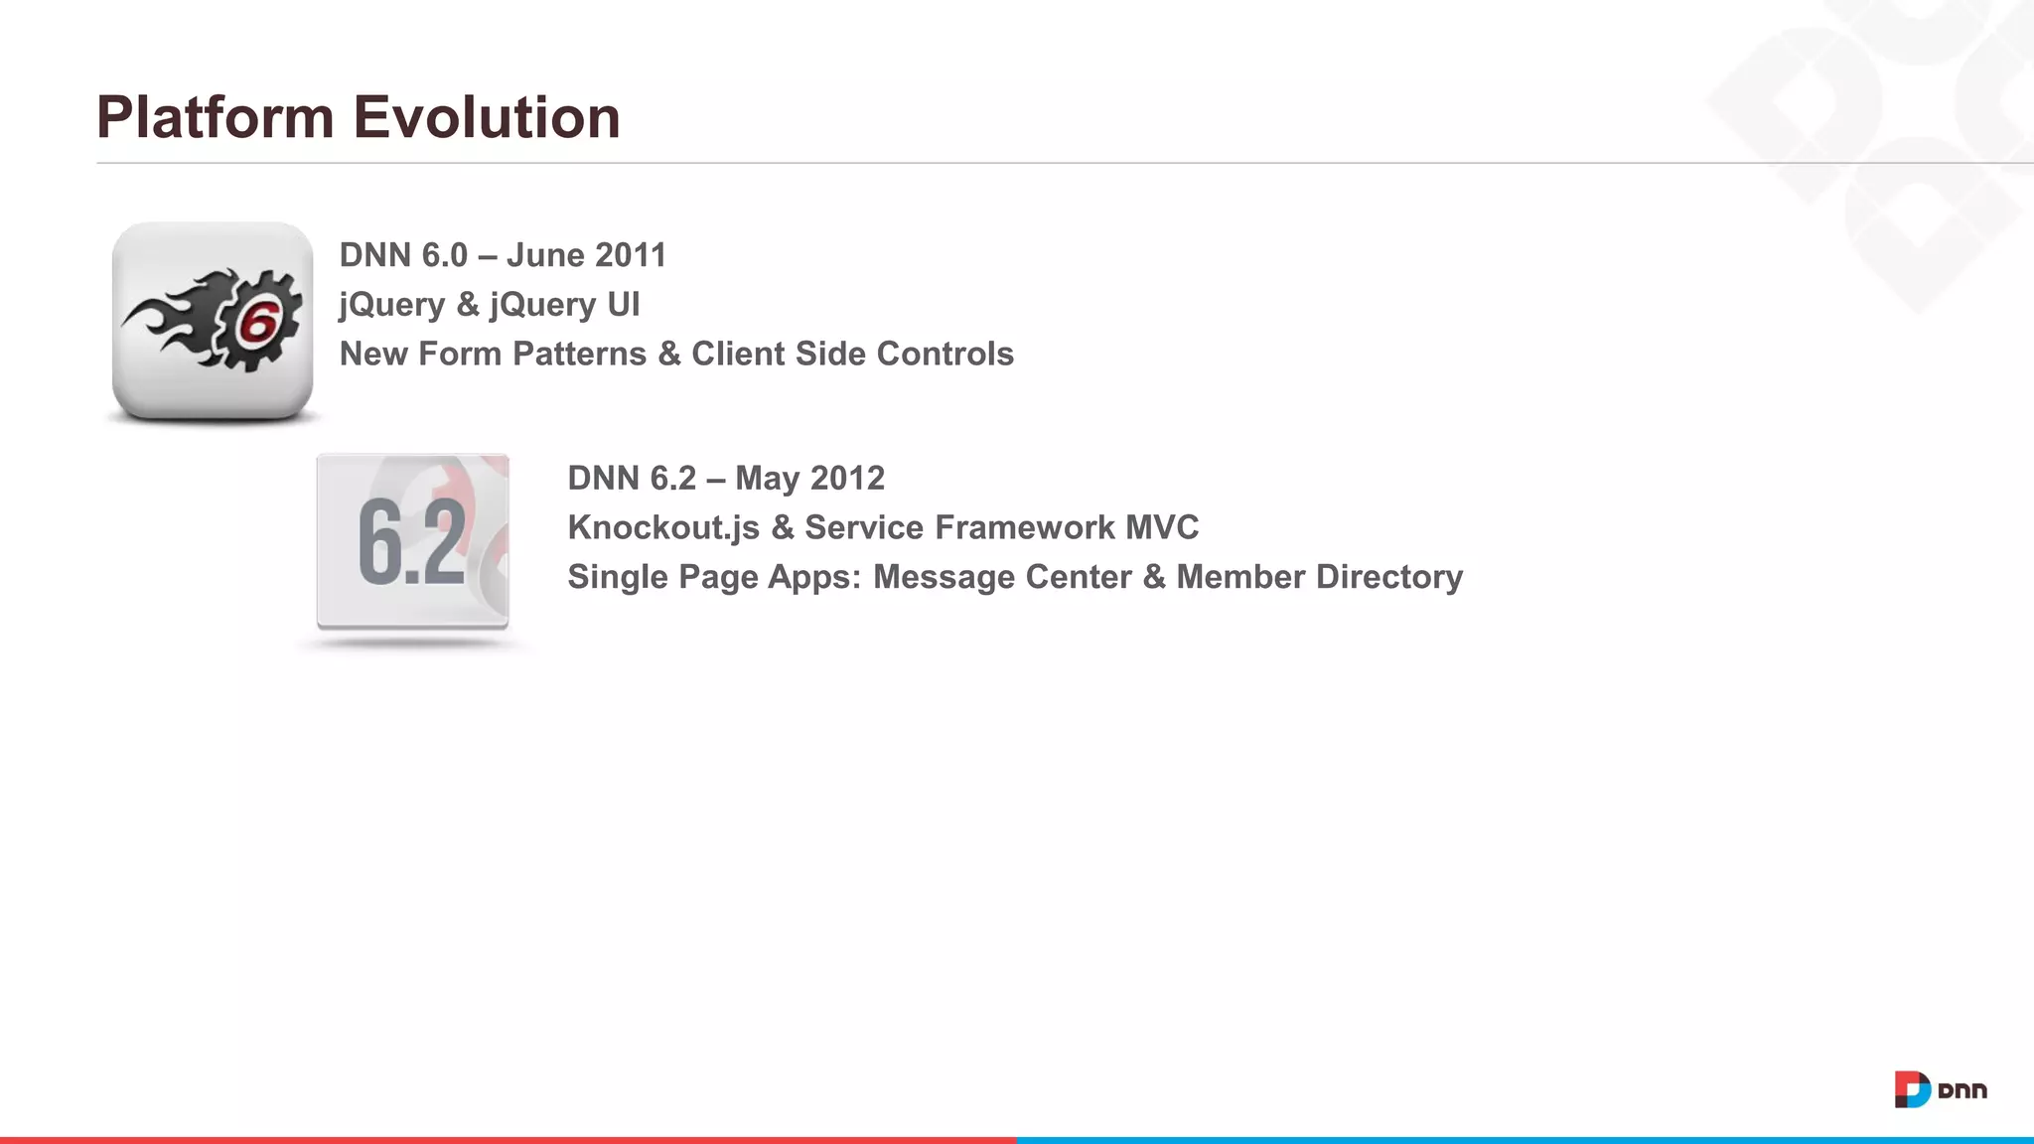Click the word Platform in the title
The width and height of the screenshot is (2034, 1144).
[215, 117]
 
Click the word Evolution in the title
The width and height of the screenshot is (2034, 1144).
[487, 117]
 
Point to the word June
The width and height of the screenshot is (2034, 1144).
[545, 255]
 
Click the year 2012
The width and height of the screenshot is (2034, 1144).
[847, 479]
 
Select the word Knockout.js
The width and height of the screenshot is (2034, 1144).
[663, 528]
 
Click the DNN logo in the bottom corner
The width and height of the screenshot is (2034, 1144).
[1940, 1089]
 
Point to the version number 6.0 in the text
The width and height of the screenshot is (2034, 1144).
[444, 255]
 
